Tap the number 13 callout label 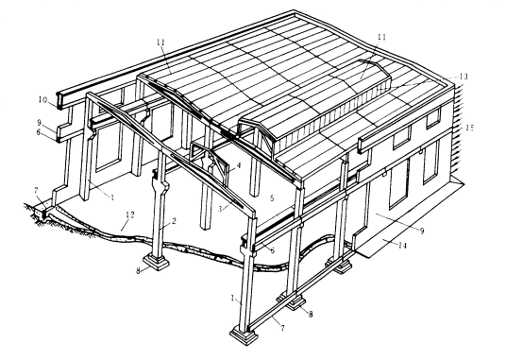click(464, 77)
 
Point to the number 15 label click(469, 128)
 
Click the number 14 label click(402, 246)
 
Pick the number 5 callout click(272, 197)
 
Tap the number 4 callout click(239, 165)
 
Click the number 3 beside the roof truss click(220, 209)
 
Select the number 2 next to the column click(173, 221)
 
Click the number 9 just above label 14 click(422, 231)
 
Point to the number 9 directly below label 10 click(39, 123)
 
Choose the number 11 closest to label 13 click(381, 37)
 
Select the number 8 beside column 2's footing click(139, 270)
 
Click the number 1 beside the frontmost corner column click(233, 299)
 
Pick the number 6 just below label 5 click(273, 249)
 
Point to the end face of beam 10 click(59, 101)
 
